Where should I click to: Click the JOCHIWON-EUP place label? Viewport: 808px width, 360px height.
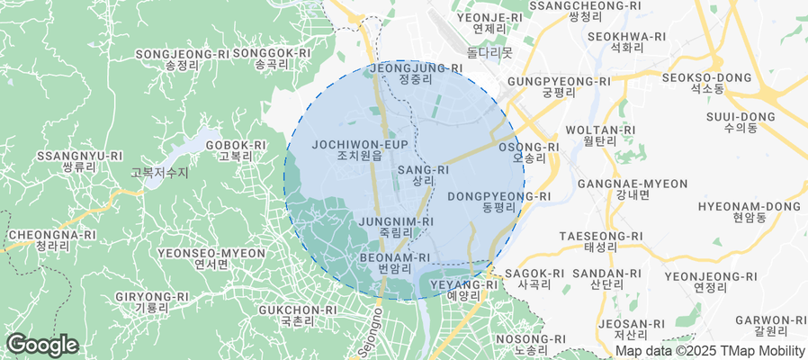(360, 149)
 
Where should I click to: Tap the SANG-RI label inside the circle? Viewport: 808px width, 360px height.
(423, 175)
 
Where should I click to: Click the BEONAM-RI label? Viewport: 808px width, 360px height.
(395, 262)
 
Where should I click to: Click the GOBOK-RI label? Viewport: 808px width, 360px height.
(236, 150)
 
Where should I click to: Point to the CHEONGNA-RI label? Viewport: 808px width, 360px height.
(51, 240)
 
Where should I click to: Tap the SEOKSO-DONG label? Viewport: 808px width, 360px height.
(706, 83)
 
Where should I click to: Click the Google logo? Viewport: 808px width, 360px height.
(41, 345)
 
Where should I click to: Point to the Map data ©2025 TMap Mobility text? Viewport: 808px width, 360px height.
(709, 351)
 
